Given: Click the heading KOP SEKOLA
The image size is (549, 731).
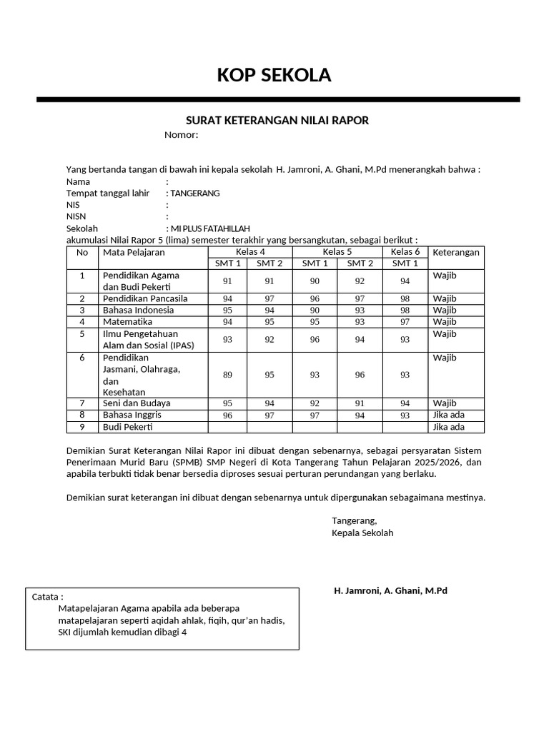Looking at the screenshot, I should click(x=274, y=75).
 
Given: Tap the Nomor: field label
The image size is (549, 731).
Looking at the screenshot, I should click(x=181, y=135).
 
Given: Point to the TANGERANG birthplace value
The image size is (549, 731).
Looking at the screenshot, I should click(x=195, y=193).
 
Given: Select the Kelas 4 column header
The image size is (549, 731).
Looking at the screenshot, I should click(x=250, y=252).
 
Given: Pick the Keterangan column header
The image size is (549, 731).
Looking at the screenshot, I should click(x=455, y=252).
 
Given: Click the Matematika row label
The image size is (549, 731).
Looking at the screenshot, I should click(x=128, y=321).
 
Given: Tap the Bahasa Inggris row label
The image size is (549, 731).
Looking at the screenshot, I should click(x=132, y=415).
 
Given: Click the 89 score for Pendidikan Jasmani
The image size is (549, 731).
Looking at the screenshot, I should click(x=227, y=375).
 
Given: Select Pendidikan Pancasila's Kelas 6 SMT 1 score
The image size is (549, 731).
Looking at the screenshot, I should click(x=405, y=298).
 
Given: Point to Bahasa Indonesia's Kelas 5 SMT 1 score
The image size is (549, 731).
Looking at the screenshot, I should click(x=315, y=310).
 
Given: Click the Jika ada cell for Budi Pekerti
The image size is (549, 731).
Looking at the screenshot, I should click(x=448, y=427).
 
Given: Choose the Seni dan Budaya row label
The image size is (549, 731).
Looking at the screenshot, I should click(x=137, y=403).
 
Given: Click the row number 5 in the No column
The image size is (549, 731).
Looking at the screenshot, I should click(x=82, y=333).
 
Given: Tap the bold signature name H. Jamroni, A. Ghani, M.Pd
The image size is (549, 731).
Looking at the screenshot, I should click(x=390, y=591).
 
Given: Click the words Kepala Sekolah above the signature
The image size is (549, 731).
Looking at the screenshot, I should click(x=362, y=533).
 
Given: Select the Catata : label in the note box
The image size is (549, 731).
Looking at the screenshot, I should click(x=48, y=596).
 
